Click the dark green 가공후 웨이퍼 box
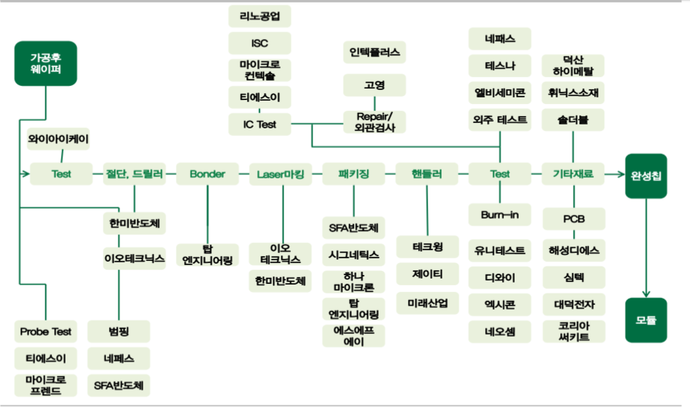pyautogui.click(x=45, y=63)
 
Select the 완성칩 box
pyautogui.click(x=646, y=175)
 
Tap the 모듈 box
pyautogui.click(x=646, y=320)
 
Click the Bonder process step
pyautogui.click(x=207, y=174)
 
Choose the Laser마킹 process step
pyautogui.click(x=280, y=174)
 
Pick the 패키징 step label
pyautogui.click(x=354, y=174)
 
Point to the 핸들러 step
pyautogui.click(x=426, y=174)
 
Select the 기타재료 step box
pyautogui.click(x=573, y=174)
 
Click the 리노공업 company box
pyautogui.click(x=260, y=16)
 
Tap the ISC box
pyautogui.click(x=260, y=43)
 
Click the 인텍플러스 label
pyautogui.click(x=375, y=51)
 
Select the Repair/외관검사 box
pyautogui.click(x=375, y=121)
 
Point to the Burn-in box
pyautogui.click(x=500, y=215)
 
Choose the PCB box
pyautogui.click(x=574, y=219)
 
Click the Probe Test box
pyautogui.click(x=45, y=331)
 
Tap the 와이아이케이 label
pyautogui.click(x=58, y=139)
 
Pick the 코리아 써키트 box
pyautogui.click(x=574, y=331)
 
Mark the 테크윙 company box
pyautogui.click(x=427, y=247)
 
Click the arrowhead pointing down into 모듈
pyautogui.click(x=646, y=294)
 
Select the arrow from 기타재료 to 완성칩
pyautogui.click(x=612, y=174)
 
